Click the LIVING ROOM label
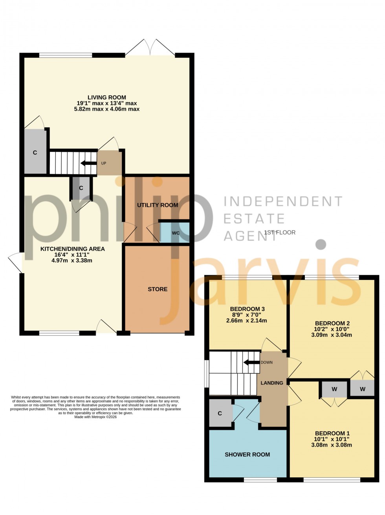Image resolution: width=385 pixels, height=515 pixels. tap(106, 97)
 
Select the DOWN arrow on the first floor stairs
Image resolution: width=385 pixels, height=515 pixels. tap(251, 362)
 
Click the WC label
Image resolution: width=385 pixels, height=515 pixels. tap(176, 233)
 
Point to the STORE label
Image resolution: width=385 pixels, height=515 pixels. tap(158, 289)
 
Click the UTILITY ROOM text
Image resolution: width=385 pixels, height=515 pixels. tap(158, 205)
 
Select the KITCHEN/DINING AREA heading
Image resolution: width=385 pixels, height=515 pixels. tap(73, 249)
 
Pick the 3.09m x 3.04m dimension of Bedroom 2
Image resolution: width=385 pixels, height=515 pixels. tap(332, 335)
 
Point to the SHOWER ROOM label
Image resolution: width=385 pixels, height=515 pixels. tap(247, 455)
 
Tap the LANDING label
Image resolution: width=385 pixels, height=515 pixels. tap(272, 383)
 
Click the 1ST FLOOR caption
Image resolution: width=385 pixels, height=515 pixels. tap(280, 232)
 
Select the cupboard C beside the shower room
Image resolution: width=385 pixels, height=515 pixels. tap(220, 413)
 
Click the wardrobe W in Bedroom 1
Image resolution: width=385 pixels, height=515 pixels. tap(334, 389)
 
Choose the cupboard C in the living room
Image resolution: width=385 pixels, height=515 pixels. tap(35, 152)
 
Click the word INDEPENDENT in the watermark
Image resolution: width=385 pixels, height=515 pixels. tap(282, 201)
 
